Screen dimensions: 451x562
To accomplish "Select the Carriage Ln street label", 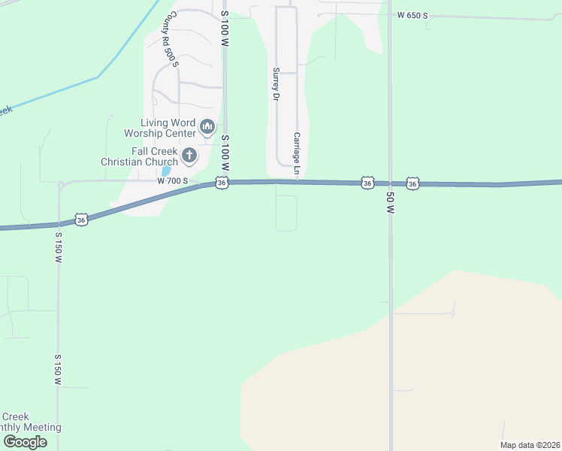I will click(297, 150).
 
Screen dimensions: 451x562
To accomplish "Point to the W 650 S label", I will click(412, 15).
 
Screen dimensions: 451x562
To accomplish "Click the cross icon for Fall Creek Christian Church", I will click(189, 156).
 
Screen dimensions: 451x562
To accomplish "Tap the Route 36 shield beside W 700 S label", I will click(221, 183).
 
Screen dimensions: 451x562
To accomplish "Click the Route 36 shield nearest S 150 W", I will click(82, 219).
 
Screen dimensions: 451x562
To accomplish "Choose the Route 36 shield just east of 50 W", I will click(412, 183).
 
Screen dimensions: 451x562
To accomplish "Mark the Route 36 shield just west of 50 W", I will click(367, 183).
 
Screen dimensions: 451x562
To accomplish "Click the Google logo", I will click(24, 442).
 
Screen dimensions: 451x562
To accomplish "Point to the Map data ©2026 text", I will click(529, 445).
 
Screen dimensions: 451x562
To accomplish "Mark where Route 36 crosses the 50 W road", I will click(390, 183).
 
